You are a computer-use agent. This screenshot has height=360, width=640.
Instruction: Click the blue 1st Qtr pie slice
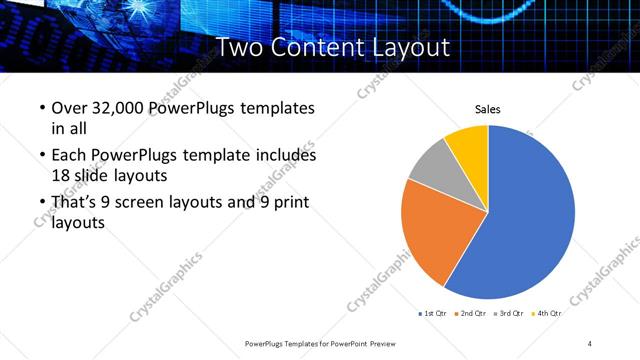(x=530, y=215)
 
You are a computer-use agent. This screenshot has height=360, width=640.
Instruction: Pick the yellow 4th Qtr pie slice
(x=468, y=143)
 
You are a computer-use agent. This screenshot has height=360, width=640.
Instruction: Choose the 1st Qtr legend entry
(x=434, y=313)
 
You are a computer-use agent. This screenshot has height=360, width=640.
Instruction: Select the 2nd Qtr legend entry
(x=473, y=313)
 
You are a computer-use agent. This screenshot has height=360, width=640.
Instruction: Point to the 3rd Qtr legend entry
(x=511, y=313)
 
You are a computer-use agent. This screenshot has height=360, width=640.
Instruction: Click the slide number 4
(x=590, y=343)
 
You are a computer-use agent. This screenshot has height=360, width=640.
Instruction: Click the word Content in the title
(x=319, y=46)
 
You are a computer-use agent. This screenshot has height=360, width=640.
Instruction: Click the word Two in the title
(x=241, y=46)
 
